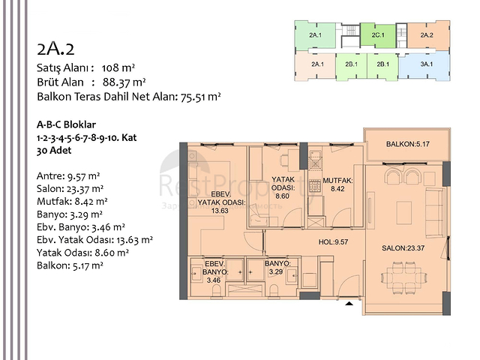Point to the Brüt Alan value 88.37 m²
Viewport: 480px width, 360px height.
tap(124, 82)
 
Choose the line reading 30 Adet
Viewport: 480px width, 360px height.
tap(56, 151)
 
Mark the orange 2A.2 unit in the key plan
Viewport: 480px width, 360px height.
tap(427, 34)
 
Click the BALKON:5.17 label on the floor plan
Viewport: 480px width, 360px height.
tap(407, 143)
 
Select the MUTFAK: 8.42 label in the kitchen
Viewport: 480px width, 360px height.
tap(332, 185)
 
